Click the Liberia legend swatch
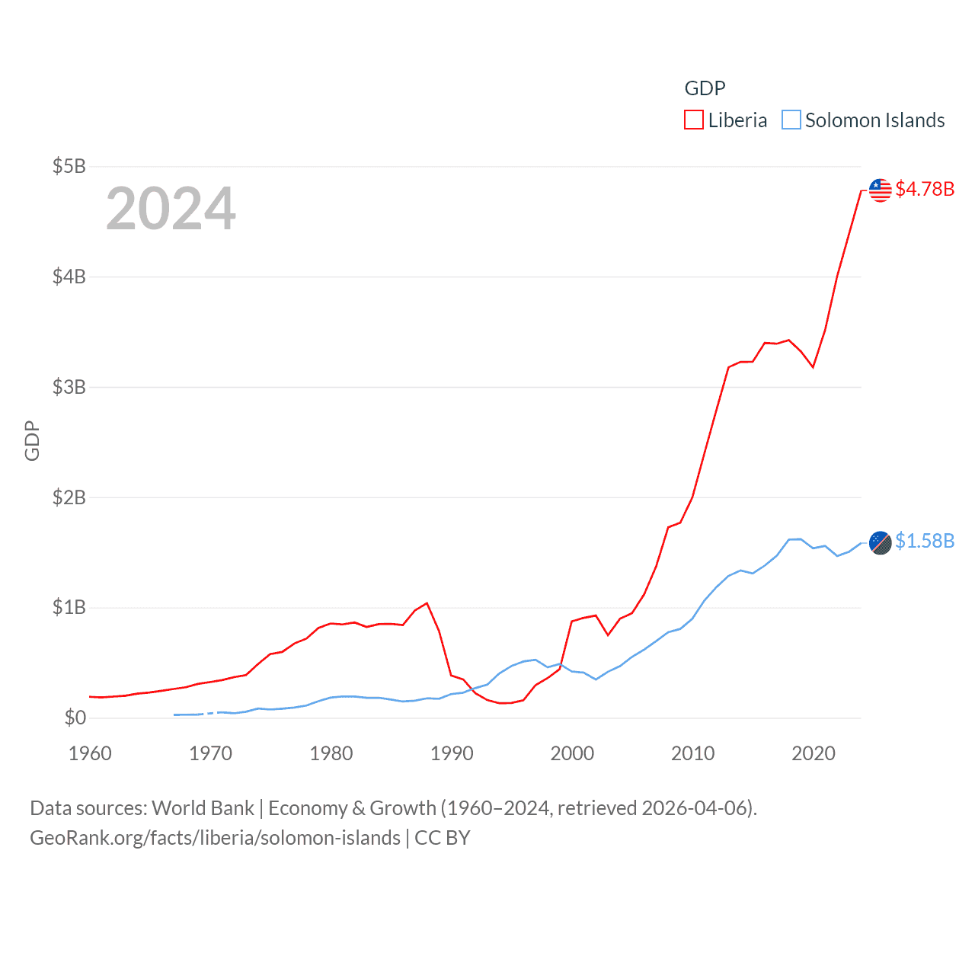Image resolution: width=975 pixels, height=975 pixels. (693, 120)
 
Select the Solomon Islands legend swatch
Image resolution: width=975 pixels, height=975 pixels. (791, 120)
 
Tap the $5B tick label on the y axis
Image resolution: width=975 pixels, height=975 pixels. (69, 166)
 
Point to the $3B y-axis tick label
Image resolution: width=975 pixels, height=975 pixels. (69, 387)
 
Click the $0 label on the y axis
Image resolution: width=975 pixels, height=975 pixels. (75, 718)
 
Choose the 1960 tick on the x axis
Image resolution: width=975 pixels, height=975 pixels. (90, 753)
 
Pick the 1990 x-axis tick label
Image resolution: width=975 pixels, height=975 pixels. (452, 753)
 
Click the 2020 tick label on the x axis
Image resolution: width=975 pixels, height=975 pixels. (814, 753)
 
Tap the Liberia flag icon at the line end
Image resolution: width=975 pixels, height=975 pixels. (880, 190)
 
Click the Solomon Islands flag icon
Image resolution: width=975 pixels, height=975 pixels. (880, 542)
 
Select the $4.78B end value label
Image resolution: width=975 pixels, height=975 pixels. (925, 189)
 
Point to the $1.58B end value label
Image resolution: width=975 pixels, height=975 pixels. (925, 541)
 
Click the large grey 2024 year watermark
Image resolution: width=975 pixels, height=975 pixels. (171, 209)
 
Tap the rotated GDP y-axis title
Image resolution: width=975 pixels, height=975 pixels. (32, 440)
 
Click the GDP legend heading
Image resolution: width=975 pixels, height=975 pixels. (705, 88)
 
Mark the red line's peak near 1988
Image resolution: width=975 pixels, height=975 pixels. (427, 603)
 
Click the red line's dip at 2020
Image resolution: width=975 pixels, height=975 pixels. (814, 367)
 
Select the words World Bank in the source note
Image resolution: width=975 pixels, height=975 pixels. (203, 808)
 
